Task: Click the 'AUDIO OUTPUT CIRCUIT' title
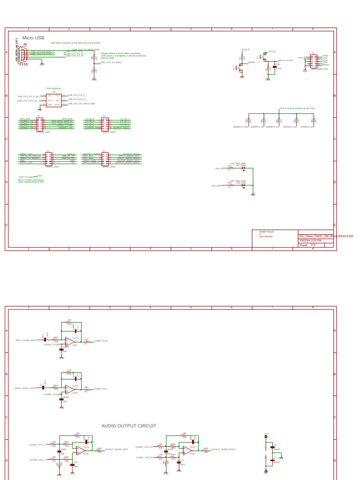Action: tap(129, 426)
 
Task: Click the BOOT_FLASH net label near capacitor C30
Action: tap(285, 60)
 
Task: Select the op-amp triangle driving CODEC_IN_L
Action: tap(71, 389)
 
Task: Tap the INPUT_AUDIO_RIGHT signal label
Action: tap(26, 340)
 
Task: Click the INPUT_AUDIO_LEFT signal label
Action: tap(25, 389)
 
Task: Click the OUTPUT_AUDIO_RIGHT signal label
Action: tap(224, 450)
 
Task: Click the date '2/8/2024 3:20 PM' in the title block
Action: tap(310, 240)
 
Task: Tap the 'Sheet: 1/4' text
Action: tap(307, 245)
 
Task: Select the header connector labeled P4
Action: tap(40, 124)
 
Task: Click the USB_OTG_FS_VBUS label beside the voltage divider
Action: tap(111, 62)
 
